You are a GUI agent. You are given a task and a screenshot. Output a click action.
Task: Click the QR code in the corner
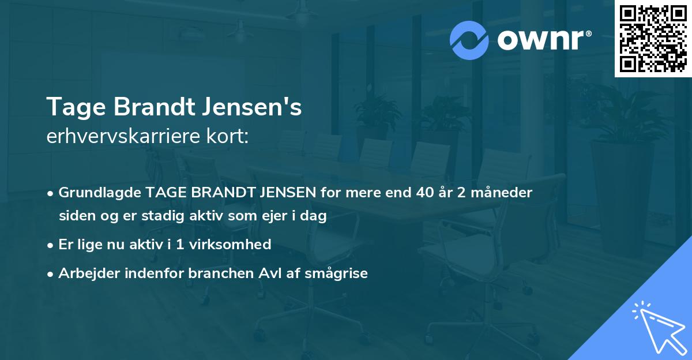tap(653, 38)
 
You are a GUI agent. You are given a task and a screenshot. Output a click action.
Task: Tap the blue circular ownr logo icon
tap(469, 40)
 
